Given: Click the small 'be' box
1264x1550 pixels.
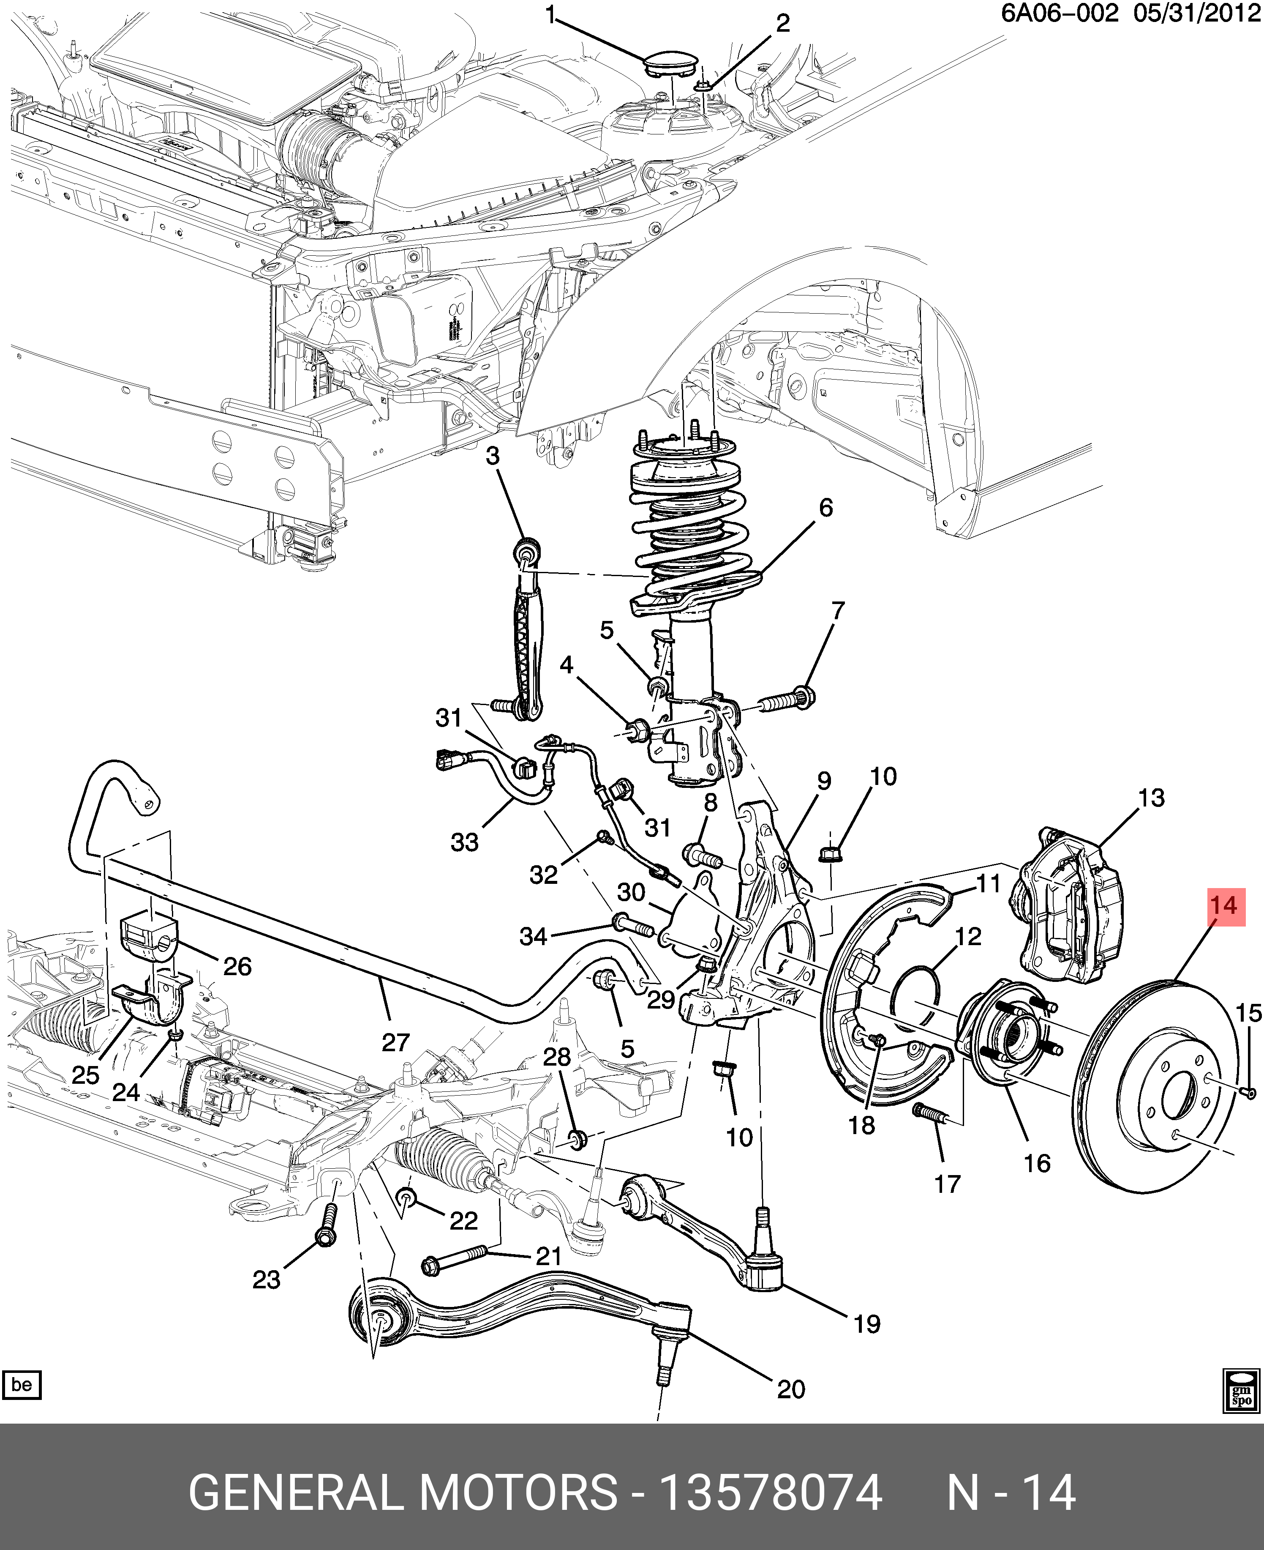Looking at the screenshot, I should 22,1384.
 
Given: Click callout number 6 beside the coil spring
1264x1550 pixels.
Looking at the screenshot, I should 825,508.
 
